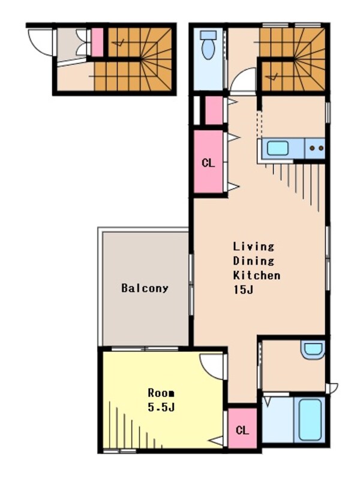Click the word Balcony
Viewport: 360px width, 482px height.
[x=145, y=288]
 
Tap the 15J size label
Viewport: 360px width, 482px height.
[x=243, y=290]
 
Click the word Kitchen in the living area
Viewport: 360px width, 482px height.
[x=257, y=275]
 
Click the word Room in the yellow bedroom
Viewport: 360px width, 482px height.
[x=161, y=393]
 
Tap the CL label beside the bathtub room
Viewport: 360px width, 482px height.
[x=242, y=430]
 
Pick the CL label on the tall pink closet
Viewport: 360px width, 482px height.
[x=208, y=163]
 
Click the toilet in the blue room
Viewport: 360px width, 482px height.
[x=208, y=45]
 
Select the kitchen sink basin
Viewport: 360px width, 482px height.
[x=278, y=148]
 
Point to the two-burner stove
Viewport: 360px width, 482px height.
[x=315, y=148]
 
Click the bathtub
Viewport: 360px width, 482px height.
[x=310, y=420]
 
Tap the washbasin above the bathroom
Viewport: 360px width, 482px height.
[x=313, y=350]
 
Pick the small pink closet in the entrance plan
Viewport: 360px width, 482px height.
[x=97, y=43]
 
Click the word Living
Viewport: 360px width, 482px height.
[x=253, y=246]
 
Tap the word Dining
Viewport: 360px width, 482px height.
[x=253, y=261]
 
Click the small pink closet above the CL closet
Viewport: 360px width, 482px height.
[x=214, y=110]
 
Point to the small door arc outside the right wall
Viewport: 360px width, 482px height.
[x=334, y=388]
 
